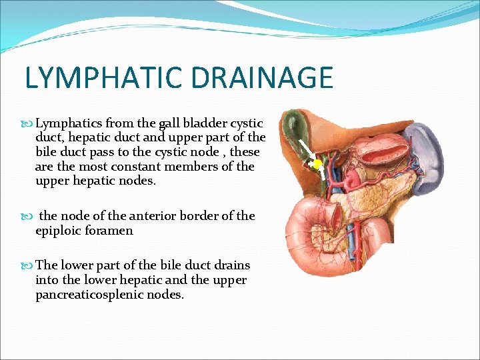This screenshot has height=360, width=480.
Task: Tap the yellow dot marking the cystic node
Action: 317,163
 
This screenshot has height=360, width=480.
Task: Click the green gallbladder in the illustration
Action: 293,130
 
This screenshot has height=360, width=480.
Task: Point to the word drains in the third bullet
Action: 230,265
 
